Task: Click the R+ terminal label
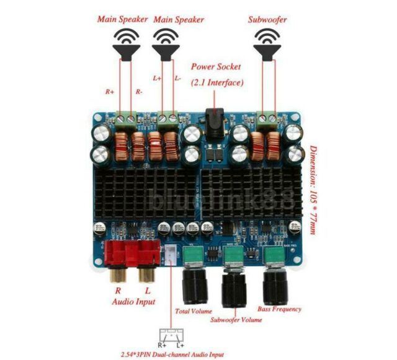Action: coord(109,92)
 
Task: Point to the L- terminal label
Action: coord(177,79)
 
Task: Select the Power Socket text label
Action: coord(216,66)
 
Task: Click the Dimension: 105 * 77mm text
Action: coord(314,189)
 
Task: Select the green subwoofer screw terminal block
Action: coord(268,118)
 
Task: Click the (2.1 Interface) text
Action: coord(216,82)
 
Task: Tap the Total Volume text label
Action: coord(194,311)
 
